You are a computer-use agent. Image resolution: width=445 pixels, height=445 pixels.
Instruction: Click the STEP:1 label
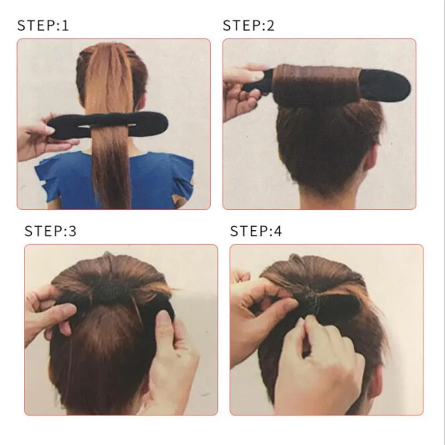43,25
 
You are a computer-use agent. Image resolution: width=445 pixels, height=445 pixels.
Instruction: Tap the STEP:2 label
249,25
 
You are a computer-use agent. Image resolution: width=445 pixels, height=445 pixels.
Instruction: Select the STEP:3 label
50,231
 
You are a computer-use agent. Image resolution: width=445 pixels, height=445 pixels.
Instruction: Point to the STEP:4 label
256,231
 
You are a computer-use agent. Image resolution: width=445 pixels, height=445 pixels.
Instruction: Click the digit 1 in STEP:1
66,25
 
